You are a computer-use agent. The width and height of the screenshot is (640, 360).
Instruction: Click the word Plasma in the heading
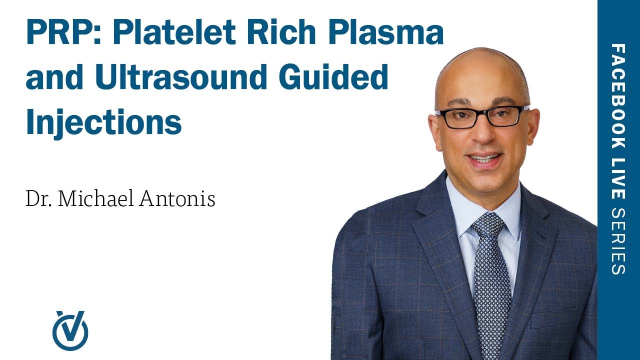point(390,33)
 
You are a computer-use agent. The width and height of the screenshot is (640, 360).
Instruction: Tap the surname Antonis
point(177,199)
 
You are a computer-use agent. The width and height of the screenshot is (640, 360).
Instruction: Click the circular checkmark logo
point(70,330)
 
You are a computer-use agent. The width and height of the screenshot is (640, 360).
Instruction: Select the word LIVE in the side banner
point(618,177)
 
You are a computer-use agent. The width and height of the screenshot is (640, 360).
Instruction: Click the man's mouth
point(484,159)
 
